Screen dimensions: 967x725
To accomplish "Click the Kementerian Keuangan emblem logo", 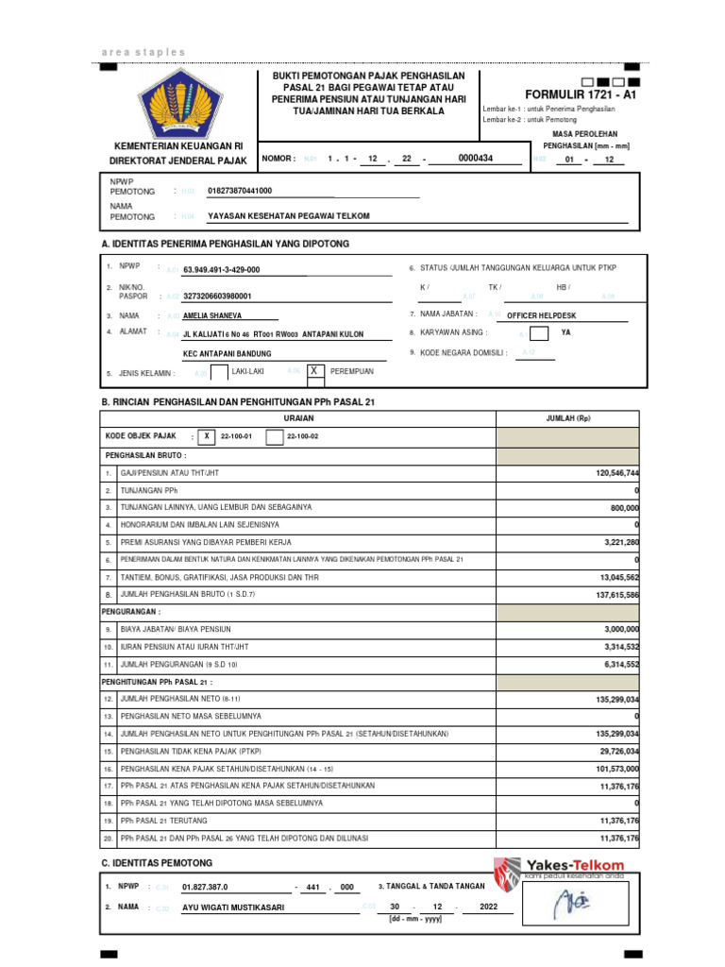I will point(177,102).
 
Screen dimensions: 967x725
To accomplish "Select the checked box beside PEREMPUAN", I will point(315,372).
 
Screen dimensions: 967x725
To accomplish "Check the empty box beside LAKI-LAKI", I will point(219,373).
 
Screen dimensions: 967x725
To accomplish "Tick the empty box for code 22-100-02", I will point(274,437).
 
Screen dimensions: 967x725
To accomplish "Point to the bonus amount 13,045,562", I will point(618,577).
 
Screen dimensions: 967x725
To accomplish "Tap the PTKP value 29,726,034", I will point(618,751).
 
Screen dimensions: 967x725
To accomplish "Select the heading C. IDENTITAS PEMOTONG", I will point(157,863).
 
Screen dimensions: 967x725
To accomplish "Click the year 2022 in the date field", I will point(487,907).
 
